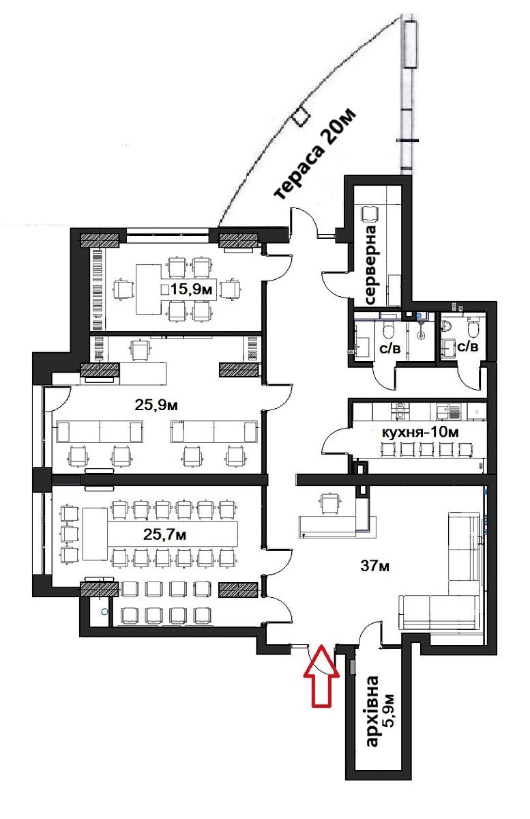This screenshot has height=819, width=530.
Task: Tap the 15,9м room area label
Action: pyautogui.click(x=192, y=289)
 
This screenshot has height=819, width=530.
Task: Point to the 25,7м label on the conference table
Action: pyautogui.click(x=164, y=534)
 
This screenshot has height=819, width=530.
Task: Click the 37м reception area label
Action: pyautogui.click(x=374, y=566)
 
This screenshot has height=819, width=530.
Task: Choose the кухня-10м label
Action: pyautogui.click(x=420, y=432)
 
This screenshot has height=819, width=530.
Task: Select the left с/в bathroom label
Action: pyautogui.click(x=390, y=349)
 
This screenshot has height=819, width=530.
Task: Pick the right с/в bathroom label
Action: pyautogui.click(x=467, y=346)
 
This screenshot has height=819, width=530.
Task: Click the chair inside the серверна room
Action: pyautogui.click(x=370, y=214)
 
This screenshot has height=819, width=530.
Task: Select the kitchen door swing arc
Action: pyautogui.click(x=334, y=441)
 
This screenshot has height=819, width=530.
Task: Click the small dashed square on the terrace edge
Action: pyautogui.click(x=300, y=116)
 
